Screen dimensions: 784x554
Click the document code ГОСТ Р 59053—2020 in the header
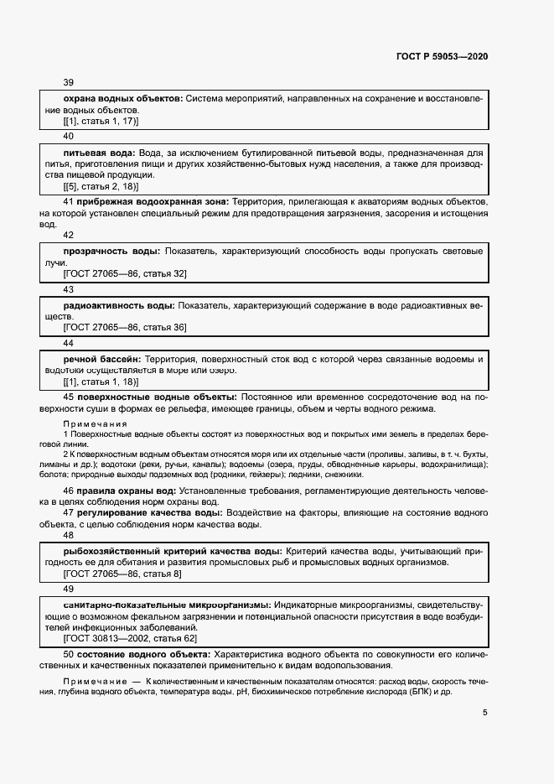[442, 56]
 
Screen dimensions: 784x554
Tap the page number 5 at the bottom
[484, 714]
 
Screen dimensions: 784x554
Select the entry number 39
[69, 82]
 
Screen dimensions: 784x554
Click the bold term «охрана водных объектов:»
[123, 99]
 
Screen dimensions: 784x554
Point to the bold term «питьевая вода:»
[100, 153]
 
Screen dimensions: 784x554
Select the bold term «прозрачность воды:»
[112, 252]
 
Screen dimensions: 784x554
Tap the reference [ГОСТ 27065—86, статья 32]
[125, 273]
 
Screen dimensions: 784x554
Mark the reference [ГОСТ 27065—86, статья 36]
[125, 328]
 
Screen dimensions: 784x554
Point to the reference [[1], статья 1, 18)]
[101, 381]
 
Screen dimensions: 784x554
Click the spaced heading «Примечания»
[95, 424]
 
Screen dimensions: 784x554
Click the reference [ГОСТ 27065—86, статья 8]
[122, 574]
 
